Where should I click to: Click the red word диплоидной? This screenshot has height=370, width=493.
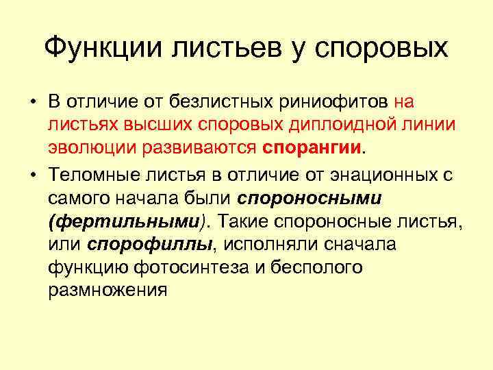pyautogui.click(x=328, y=125)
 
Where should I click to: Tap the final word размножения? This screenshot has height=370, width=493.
pyautogui.click(x=108, y=290)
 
